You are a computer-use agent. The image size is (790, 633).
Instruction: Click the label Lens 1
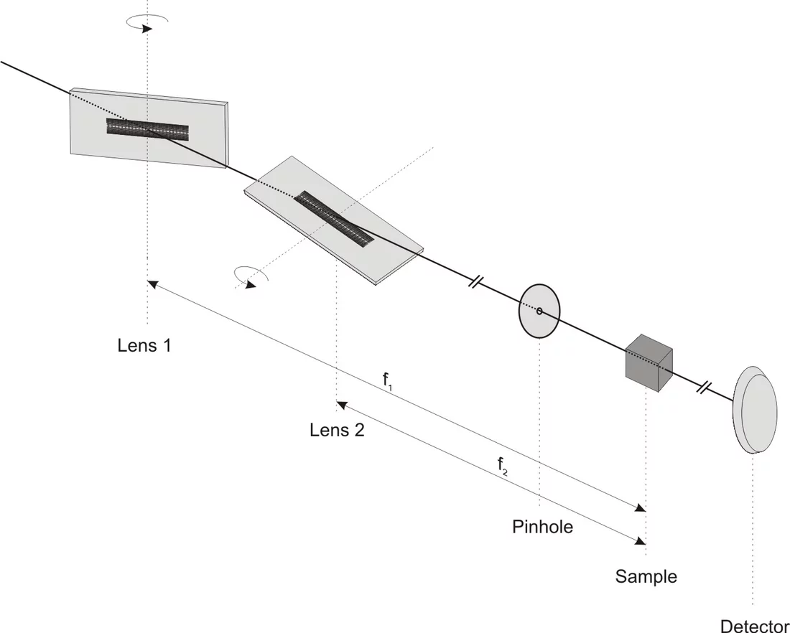tap(144, 345)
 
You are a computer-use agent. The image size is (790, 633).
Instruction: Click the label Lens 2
tap(336, 430)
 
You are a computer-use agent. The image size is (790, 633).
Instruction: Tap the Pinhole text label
tap(542, 526)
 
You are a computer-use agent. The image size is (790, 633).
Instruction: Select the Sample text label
tap(646, 576)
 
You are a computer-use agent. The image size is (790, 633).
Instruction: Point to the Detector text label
tap(754, 626)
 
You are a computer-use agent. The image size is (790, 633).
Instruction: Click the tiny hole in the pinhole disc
tap(539, 311)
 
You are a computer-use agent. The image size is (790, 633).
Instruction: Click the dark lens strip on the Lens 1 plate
tap(147, 128)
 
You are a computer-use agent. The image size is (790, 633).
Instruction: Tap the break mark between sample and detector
tap(705, 388)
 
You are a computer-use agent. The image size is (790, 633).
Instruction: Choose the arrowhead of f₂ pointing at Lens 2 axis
tap(341, 405)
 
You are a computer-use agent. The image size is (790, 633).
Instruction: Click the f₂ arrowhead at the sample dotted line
tap(640, 542)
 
